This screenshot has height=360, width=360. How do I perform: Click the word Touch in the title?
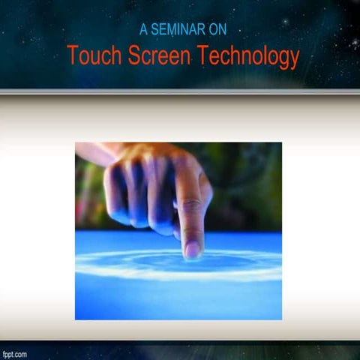click(93, 56)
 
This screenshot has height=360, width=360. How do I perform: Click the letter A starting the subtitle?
click(144, 30)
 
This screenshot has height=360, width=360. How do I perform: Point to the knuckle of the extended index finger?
click(188, 204)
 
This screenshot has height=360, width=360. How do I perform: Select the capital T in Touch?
click(72, 56)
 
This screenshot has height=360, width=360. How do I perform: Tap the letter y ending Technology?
click(294, 58)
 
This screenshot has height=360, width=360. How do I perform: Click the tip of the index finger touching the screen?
click(192, 254)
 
